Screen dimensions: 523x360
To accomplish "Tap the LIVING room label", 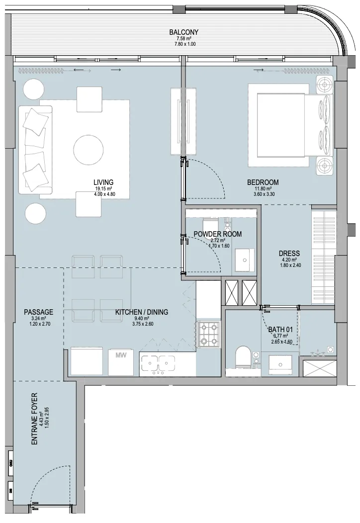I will [103, 182].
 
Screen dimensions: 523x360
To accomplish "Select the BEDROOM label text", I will [263, 182].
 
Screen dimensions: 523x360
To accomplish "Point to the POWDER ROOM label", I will [217, 234].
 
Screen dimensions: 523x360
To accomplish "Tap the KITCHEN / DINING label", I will [141, 312].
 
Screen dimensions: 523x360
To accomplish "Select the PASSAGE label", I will [38, 312].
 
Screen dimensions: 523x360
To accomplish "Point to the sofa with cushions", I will [35, 150].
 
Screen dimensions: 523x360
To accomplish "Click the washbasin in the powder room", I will [244, 260].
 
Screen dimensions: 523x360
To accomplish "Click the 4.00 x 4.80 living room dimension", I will [103, 194].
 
